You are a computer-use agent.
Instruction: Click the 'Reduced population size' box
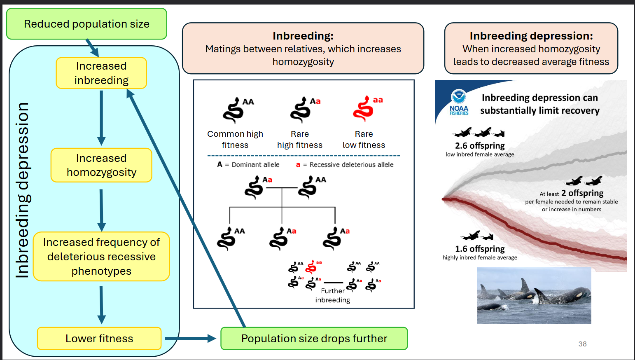click(x=86, y=24)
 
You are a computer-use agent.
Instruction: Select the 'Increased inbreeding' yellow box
click(x=101, y=73)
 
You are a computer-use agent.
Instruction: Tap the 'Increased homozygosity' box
click(x=101, y=165)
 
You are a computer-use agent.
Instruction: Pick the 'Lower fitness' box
click(x=99, y=339)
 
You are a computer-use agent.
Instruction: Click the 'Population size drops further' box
click(x=314, y=339)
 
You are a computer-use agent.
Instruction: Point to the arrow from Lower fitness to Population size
click(x=190, y=339)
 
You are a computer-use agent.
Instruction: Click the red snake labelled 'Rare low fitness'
click(x=363, y=109)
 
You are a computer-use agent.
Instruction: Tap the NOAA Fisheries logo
click(x=459, y=102)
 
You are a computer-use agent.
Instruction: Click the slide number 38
click(x=582, y=344)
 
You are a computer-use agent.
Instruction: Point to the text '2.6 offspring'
click(x=480, y=146)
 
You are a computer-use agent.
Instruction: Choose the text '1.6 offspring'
click(x=480, y=249)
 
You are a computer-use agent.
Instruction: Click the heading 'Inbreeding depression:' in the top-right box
click(x=531, y=36)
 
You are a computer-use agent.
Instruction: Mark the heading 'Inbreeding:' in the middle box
click(x=303, y=36)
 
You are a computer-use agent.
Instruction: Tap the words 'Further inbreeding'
click(x=333, y=295)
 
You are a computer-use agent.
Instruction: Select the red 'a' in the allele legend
click(x=298, y=165)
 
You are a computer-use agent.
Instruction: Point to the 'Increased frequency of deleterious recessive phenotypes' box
click(x=101, y=256)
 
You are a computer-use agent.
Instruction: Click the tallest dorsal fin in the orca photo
click(x=525, y=285)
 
